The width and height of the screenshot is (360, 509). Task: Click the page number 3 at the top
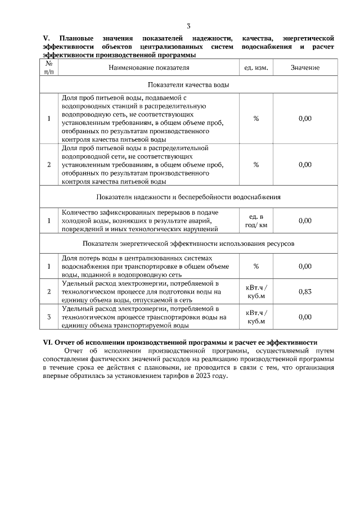[x=188, y=26]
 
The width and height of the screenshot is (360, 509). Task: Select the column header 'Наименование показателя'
[x=149, y=67]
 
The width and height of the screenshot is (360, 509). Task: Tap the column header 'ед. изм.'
[x=256, y=67]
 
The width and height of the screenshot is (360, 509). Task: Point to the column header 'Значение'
[x=305, y=67]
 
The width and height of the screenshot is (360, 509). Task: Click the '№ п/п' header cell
[x=49, y=67]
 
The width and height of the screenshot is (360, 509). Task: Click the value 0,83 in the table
[x=305, y=291]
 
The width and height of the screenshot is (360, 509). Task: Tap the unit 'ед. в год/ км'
[x=256, y=220]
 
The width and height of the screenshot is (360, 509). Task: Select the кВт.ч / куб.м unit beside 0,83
[x=256, y=291]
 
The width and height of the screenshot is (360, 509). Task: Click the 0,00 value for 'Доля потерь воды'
[x=305, y=266]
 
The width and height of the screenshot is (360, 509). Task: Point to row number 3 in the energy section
[x=49, y=317]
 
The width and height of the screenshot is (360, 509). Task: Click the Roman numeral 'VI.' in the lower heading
[x=47, y=342]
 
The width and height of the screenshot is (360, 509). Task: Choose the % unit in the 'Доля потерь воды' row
[x=256, y=266]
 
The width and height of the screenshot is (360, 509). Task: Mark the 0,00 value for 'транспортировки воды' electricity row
[x=305, y=317]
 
